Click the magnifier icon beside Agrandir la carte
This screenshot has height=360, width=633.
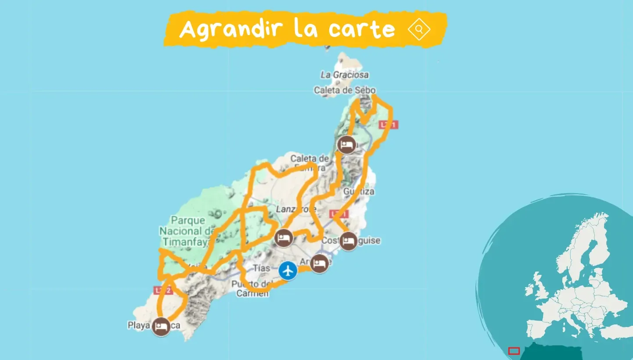[419, 29]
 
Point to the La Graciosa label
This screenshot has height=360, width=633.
[345, 75]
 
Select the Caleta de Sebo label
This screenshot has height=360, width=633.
[345, 90]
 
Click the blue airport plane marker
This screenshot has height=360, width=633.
[288, 270]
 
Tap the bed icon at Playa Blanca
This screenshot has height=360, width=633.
[161, 327]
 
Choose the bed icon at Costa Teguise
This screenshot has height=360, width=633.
[349, 241]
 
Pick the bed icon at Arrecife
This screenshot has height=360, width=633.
[319, 264]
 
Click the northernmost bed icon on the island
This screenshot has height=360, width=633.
[346, 145]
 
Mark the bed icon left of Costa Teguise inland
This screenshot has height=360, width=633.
[284, 238]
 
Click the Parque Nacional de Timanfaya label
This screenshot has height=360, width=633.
[188, 231]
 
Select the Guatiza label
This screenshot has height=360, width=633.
[359, 192]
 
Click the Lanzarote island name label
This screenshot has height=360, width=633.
[296, 209]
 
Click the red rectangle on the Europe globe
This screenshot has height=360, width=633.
[514, 351]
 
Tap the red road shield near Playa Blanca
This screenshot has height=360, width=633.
[162, 290]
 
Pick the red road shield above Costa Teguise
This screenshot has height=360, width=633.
[339, 214]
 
